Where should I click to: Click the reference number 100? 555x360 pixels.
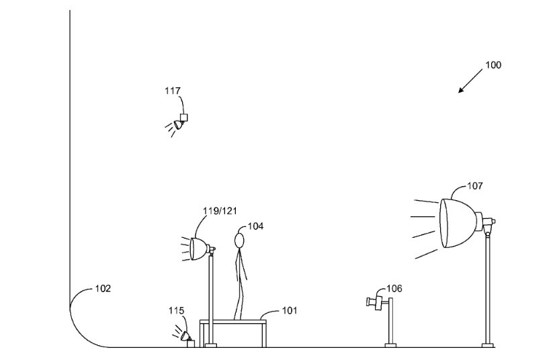(x=493, y=65)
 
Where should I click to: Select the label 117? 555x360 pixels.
(x=173, y=89)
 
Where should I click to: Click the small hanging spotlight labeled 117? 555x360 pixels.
(x=180, y=122)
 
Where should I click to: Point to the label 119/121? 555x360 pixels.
(x=220, y=211)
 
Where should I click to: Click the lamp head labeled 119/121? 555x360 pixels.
(x=198, y=249)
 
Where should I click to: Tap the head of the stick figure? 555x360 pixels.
(x=239, y=240)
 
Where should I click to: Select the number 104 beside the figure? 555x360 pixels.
(x=255, y=226)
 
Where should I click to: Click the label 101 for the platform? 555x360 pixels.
(x=289, y=310)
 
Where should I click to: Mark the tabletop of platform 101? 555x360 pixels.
(x=232, y=320)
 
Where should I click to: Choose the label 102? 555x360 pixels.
(x=102, y=289)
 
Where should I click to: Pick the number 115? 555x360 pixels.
(x=176, y=310)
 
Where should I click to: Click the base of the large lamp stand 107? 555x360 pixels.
(x=487, y=345)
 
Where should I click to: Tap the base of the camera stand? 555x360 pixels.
(x=390, y=345)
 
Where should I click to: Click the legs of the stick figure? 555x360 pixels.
(x=239, y=296)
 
